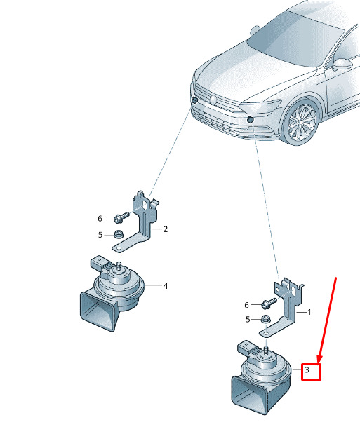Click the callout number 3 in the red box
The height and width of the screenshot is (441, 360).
(307, 369)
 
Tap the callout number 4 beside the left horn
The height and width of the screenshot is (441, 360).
(165, 286)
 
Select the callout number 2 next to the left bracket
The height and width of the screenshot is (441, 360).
(165, 229)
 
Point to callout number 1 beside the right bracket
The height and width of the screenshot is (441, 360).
(309, 312)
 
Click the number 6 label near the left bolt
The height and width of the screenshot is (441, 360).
(100, 219)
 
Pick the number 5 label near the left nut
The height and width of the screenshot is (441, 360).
(100, 235)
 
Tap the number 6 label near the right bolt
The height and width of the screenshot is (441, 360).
(247, 305)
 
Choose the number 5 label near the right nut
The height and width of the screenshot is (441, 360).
(248, 320)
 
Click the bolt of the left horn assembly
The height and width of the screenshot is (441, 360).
(121, 217)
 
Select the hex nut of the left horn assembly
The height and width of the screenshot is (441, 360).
(118, 234)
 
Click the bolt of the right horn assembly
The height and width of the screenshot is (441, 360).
(269, 304)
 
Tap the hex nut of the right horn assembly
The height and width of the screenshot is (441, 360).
(265, 320)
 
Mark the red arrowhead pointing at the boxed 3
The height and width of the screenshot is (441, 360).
(320, 359)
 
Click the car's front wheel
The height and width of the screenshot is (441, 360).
(302, 122)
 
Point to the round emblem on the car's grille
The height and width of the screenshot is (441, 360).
(213, 100)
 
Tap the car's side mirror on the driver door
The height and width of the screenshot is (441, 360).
(342, 65)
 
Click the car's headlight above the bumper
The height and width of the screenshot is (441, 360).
(260, 107)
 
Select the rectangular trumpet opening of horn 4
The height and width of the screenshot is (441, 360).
(97, 311)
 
